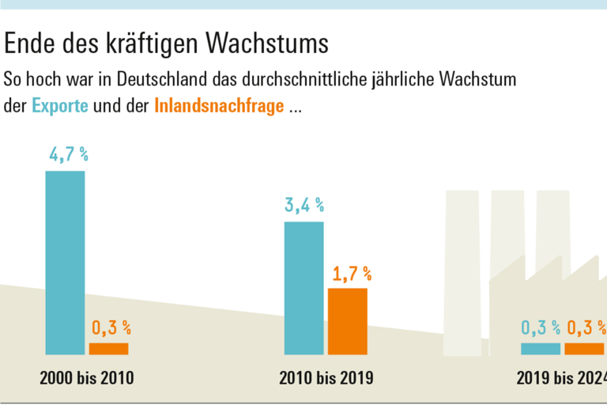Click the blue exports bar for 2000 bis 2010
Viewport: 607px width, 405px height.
65,263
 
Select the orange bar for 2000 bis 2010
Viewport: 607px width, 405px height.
108,349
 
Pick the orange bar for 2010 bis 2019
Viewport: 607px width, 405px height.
348,321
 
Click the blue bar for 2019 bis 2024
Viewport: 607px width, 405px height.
540,349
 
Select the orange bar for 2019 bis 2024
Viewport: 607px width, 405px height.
584,349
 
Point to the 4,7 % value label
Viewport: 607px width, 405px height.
68,154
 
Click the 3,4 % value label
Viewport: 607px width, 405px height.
304,205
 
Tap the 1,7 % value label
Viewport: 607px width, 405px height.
351,274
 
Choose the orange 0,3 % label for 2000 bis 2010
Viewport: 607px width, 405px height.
111,327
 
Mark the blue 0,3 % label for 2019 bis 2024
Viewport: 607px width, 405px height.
541,327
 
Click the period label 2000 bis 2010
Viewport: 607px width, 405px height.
87,379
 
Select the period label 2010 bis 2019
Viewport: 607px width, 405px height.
326,379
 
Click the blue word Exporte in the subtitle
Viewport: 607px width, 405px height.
60,106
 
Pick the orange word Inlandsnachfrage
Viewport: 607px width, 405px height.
219,106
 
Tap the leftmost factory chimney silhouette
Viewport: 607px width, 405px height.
464,269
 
